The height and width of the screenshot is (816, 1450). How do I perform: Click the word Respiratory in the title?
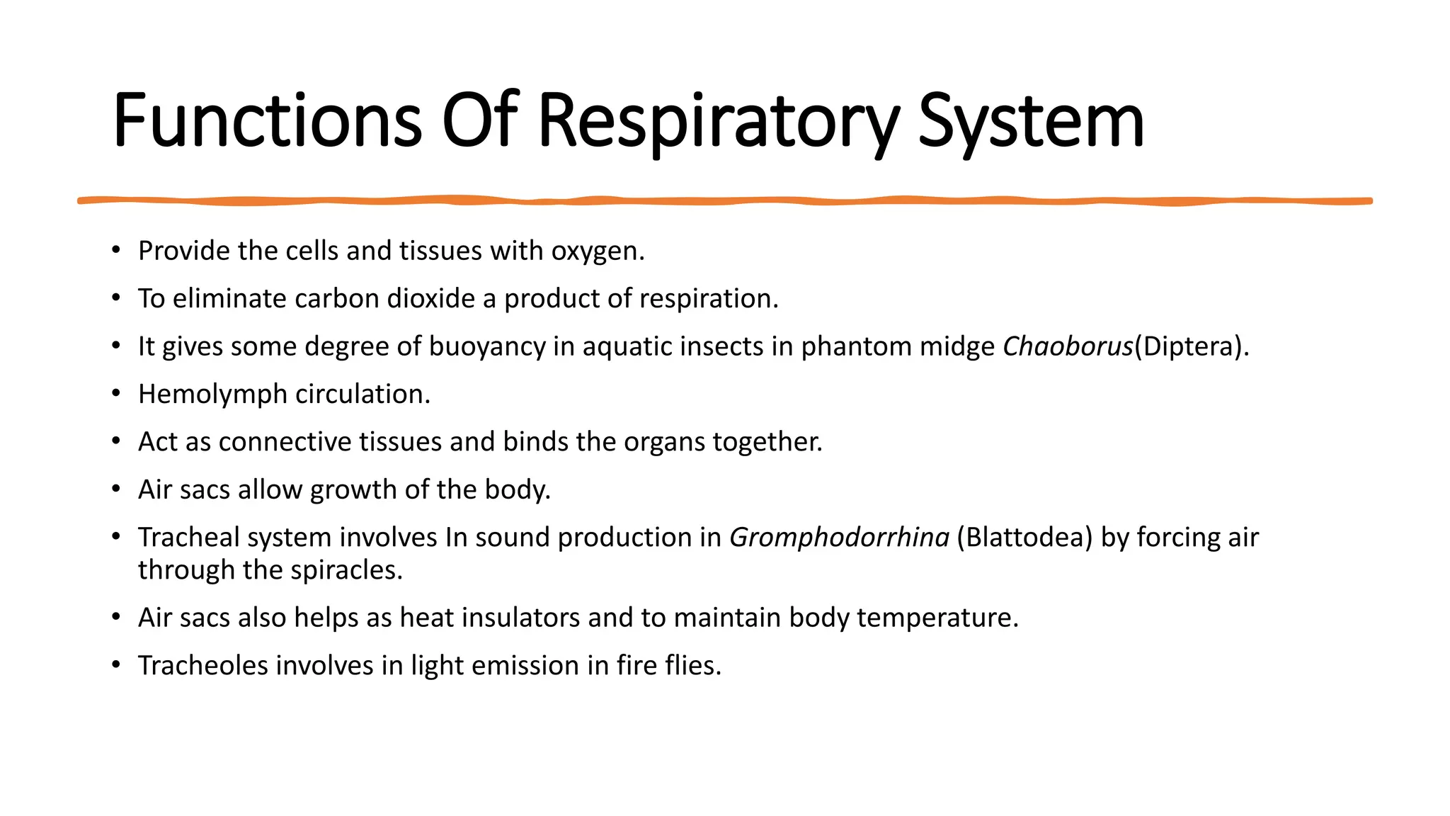[x=718, y=121]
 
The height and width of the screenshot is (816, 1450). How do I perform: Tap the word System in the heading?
[x=1031, y=121]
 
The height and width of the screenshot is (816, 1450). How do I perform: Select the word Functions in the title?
[x=268, y=121]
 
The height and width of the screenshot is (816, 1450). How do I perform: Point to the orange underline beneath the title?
[x=725, y=201]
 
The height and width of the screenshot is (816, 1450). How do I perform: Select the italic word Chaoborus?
[x=1068, y=346]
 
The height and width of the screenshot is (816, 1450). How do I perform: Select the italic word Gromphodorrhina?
[x=839, y=538]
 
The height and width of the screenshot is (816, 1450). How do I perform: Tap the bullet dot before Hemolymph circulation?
[x=115, y=394]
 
